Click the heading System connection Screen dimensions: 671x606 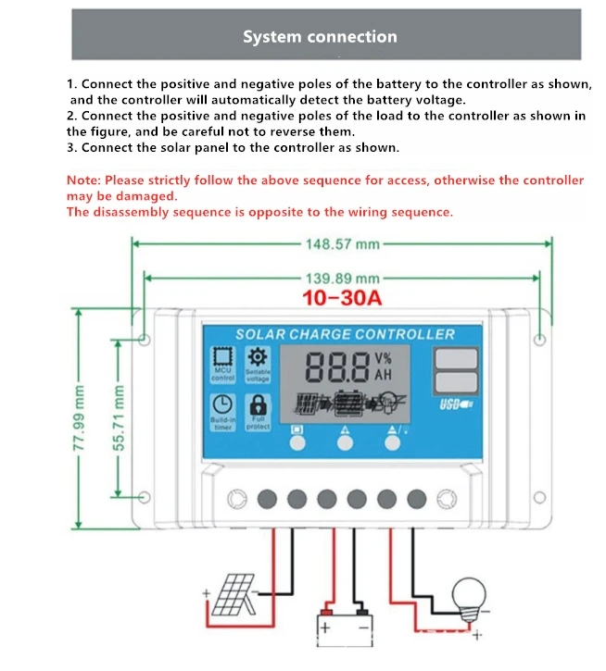320,37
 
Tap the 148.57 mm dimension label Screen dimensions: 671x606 342,244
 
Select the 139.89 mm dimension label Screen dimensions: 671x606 342,278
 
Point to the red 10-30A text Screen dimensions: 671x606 343,299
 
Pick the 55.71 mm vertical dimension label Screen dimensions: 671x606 118,418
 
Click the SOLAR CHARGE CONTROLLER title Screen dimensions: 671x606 345,334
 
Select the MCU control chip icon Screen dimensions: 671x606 222,359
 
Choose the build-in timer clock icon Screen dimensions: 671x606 222,405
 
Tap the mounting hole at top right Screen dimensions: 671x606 541,339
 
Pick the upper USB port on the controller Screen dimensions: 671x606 455,357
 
